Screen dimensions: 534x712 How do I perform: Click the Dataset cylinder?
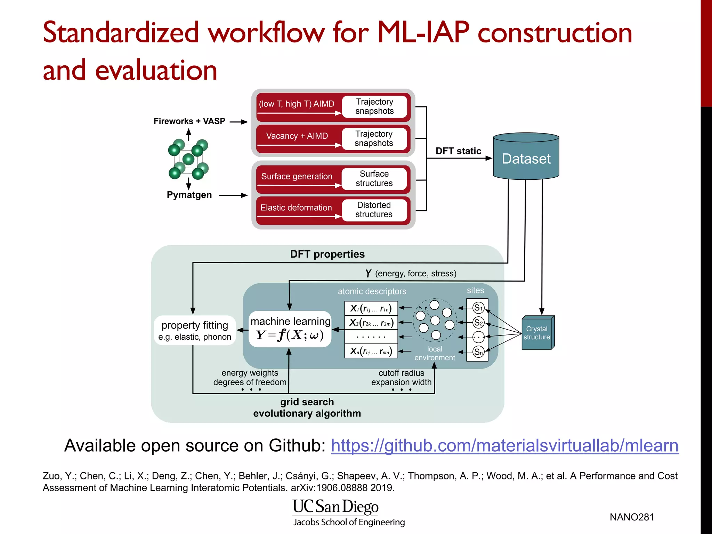(526, 158)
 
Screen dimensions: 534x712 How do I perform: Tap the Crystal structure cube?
(537, 333)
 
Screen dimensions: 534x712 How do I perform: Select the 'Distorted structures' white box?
(374, 210)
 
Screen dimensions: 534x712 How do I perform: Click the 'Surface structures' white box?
(374, 178)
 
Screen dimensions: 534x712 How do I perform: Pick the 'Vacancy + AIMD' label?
(297, 136)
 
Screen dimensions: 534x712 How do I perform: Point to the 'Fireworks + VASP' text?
(189, 121)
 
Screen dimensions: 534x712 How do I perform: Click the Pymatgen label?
(189, 195)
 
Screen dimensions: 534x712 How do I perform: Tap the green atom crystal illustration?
(188, 159)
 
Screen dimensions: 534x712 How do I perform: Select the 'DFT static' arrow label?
(458, 151)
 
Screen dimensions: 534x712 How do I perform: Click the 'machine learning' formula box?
(290, 329)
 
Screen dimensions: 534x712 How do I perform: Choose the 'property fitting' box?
(195, 330)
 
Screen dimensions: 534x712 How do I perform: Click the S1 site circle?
(478, 308)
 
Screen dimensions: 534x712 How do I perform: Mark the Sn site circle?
(478, 352)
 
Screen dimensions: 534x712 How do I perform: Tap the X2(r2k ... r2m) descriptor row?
(371, 323)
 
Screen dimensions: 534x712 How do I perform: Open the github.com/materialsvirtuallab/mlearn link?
(504, 446)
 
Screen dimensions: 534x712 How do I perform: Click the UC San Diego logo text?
(335, 507)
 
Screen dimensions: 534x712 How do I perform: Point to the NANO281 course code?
(632, 517)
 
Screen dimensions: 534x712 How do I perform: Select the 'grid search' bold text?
(307, 402)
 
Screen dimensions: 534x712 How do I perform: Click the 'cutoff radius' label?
(401, 373)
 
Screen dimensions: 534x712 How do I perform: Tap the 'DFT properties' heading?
(327, 254)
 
